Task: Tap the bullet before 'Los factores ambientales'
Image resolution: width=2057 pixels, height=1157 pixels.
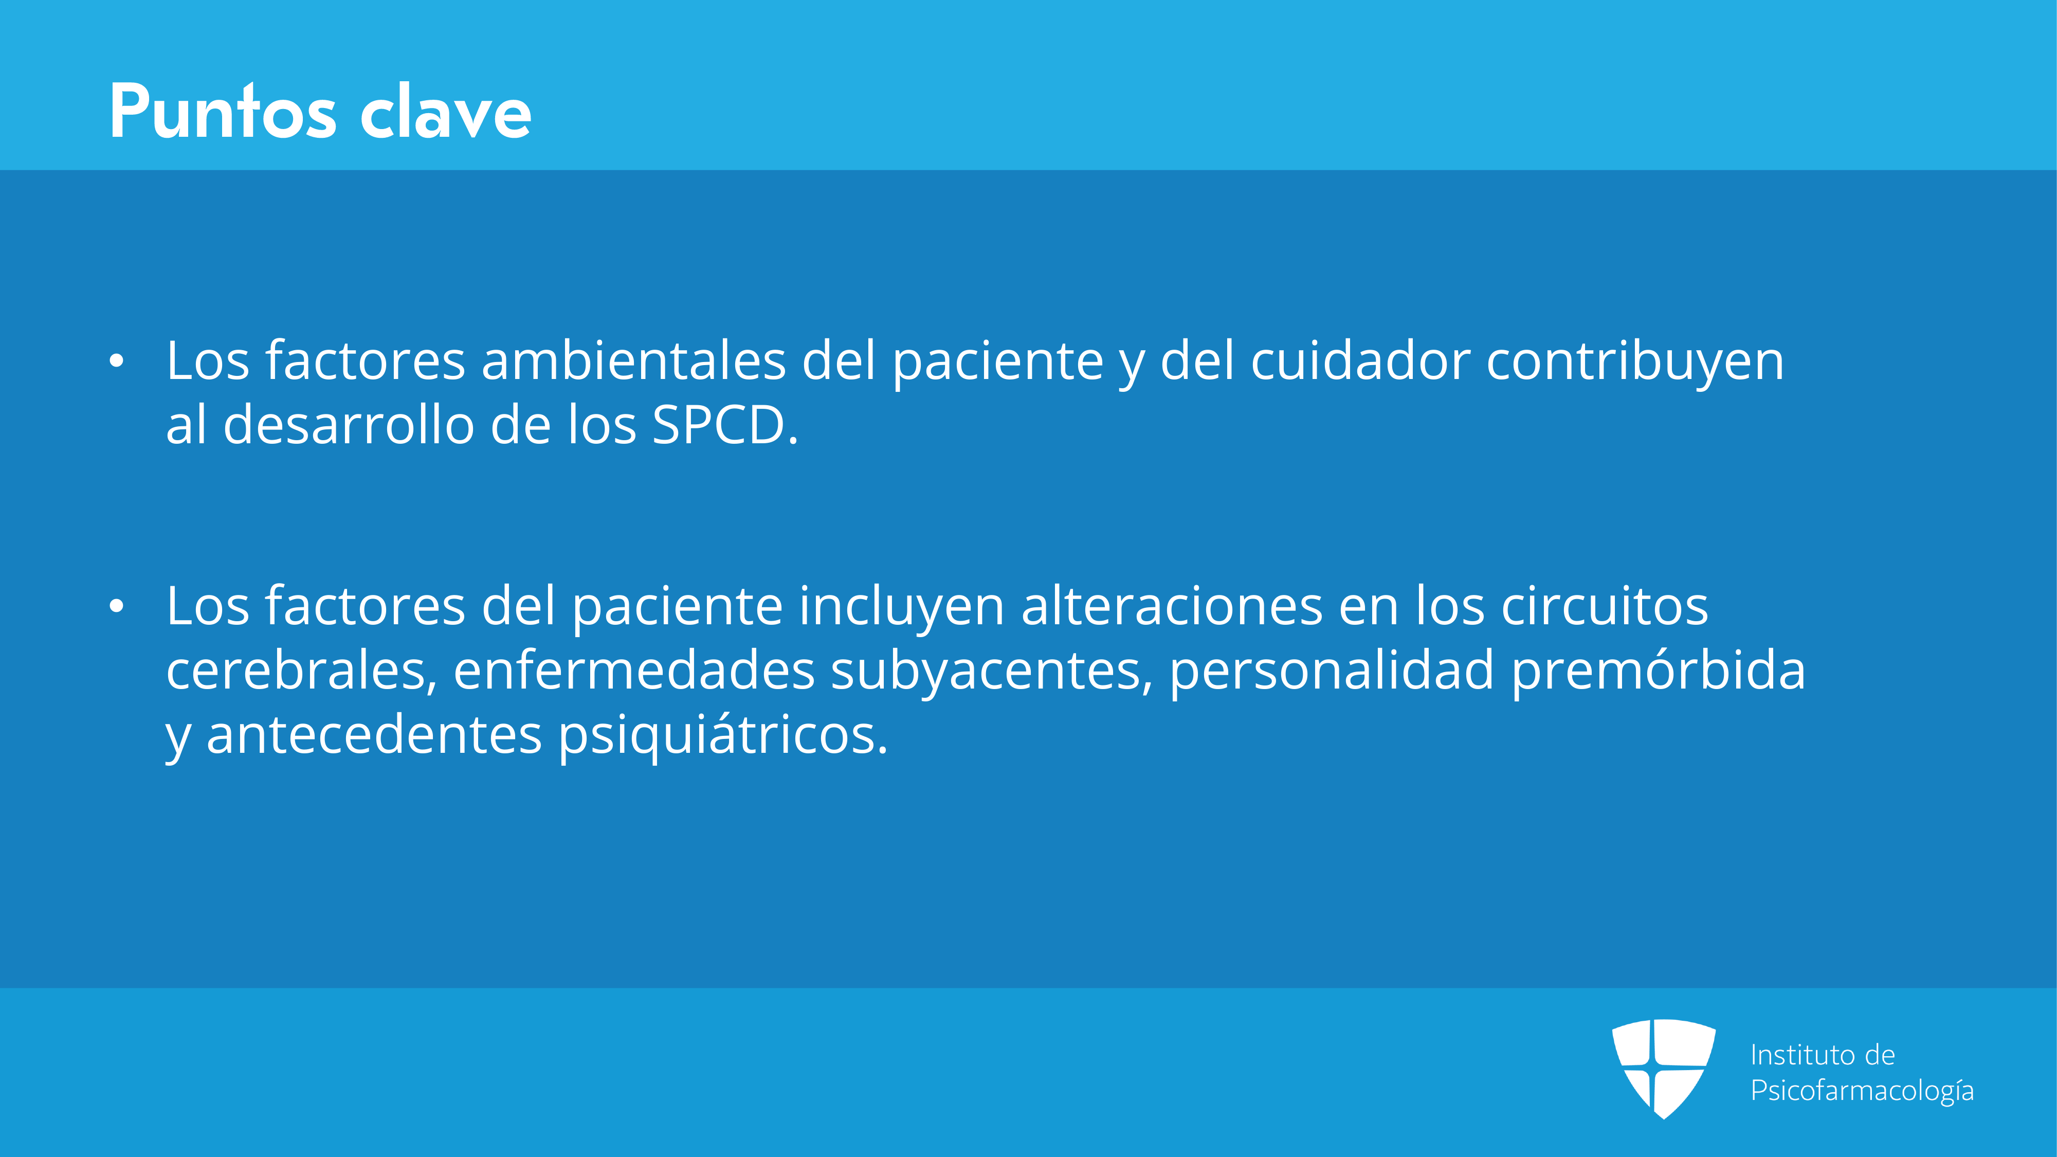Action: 117,361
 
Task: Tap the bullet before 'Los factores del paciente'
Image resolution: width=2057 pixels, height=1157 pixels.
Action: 117,607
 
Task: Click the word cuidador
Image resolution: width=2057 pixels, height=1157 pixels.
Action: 1360,361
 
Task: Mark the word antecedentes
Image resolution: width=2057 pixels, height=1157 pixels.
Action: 374,735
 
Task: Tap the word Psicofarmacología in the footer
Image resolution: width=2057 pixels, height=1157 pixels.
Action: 1861,1091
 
